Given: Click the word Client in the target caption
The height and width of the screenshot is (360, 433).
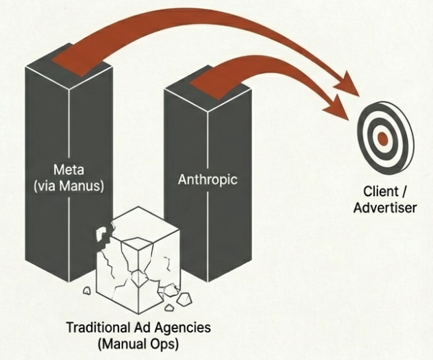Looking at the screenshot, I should coord(376,193).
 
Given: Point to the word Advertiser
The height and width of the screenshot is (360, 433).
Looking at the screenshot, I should coord(385,207).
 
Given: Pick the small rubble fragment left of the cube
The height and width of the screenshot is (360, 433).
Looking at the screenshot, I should coord(87,291).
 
